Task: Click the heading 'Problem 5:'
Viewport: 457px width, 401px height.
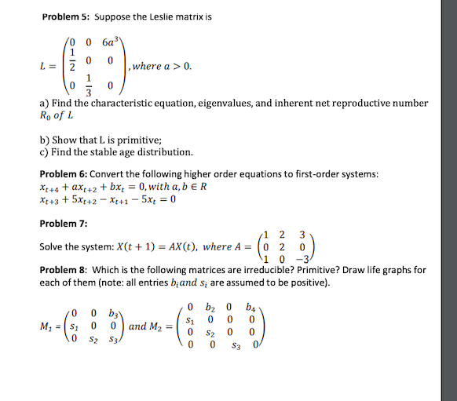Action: tap(64, 15)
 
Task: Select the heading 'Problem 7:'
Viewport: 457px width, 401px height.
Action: tap(60, 223)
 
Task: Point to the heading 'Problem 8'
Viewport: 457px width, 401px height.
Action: tap(62, 269)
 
